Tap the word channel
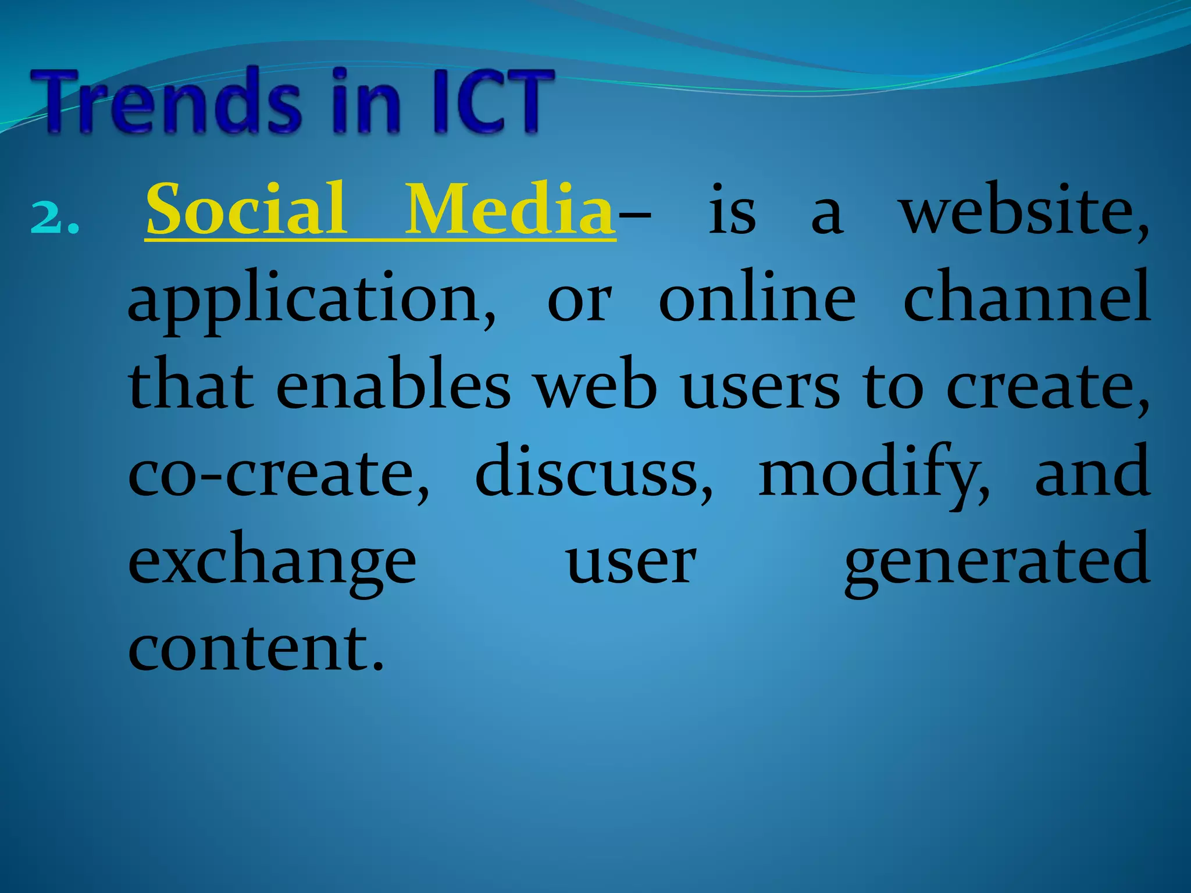1026,298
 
